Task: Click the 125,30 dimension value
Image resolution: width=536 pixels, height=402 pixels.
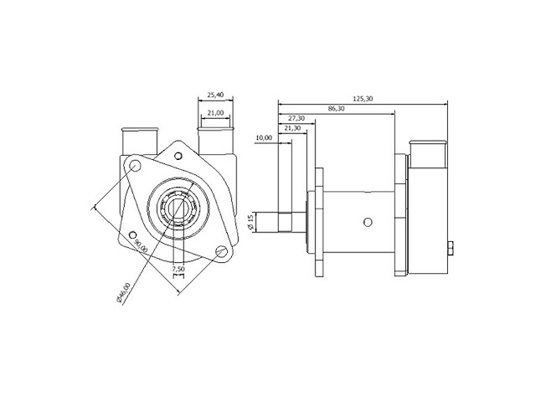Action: tap(363, 99)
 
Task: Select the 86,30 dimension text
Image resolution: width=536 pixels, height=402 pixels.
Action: tap(338, 109)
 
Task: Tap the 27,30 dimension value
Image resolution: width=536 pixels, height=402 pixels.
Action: tap(297, 118)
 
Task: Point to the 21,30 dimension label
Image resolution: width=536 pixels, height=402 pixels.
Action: tap(293, 128)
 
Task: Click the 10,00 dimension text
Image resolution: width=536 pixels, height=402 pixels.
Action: tap(264, 137)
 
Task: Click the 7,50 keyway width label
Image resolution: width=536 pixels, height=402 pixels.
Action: tap(177, 269)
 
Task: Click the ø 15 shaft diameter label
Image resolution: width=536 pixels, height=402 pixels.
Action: tap(250, 222)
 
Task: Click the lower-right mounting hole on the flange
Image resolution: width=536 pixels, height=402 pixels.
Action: tap(221, 250)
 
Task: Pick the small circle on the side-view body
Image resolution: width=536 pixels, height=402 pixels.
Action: tap(367, 222)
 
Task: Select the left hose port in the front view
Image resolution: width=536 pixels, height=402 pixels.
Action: tap(139, 142)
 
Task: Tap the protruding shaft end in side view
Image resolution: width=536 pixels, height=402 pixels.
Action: tap(268, 223)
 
